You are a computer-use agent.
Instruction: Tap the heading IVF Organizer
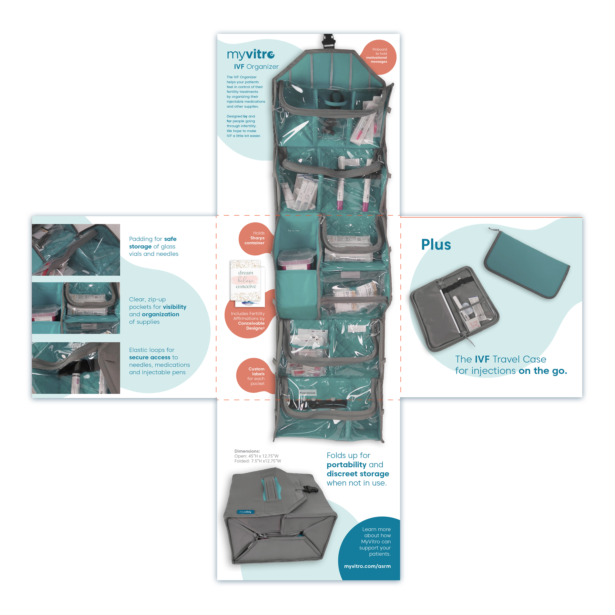(x=256, y=66)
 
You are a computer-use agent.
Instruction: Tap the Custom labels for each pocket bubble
(x=256, y=376)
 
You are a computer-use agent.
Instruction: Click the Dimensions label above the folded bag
(x=247, y=451)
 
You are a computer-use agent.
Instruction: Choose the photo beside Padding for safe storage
(x=76, y=250)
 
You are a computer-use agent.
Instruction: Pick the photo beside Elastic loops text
(x=76, y=368)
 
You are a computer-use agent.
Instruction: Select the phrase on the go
(x=543, y=371)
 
